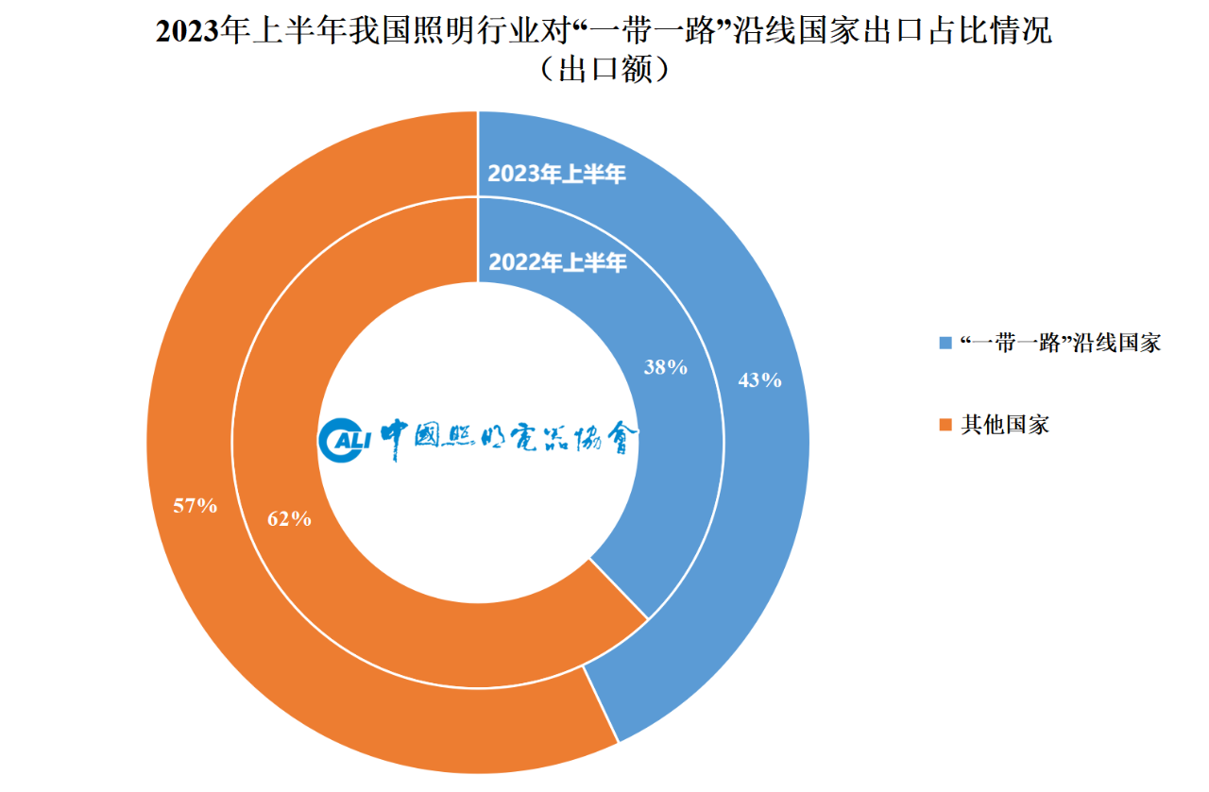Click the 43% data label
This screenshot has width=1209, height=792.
tap(759, 380)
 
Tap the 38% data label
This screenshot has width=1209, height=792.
tap(665, 367)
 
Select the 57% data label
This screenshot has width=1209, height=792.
tap(196, 506)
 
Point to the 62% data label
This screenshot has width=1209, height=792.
tap(289, 518)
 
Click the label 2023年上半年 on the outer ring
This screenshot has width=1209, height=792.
tap(556, 174)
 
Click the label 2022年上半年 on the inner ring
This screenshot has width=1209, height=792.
tap(556, 263)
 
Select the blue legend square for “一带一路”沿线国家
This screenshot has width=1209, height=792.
tap(945, 343)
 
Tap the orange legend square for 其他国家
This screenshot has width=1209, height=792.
tap(945, 425)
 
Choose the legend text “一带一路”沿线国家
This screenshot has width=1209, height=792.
tap(1059, 343)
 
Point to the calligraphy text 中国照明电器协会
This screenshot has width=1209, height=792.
tap(510, 438)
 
